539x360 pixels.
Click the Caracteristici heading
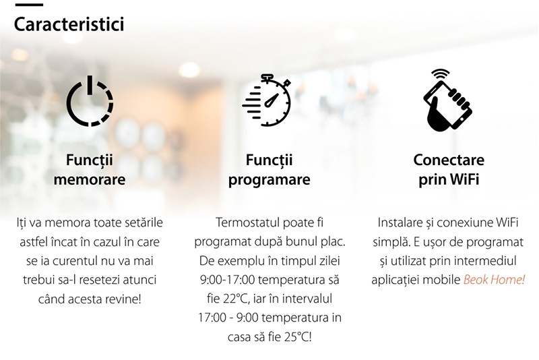(x=69, y=24)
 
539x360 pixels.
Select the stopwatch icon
(x=267, y=100)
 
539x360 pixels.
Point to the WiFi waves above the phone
(x=441, y=74)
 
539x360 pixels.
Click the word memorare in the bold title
(x=90, y=179)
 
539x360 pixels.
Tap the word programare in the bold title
(x=269, y=180)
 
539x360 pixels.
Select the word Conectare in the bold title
(x=449, y=160)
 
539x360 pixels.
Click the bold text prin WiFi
(x=449, y=179)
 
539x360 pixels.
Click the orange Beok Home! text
(x=494, y=280)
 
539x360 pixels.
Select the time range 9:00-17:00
(x=227, y=280)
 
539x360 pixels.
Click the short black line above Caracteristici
(x=29, y=5)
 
